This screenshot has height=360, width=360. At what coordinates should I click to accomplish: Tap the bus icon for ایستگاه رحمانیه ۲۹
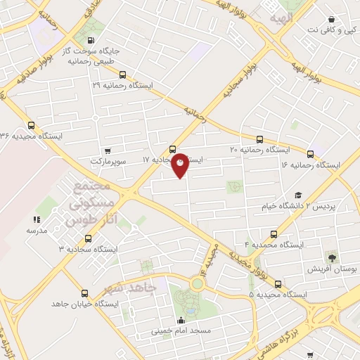123,75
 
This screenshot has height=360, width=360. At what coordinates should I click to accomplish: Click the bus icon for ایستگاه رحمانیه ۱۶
310,153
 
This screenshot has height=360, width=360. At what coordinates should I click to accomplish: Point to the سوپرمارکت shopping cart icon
108,150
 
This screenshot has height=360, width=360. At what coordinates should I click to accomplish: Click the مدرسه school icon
37,219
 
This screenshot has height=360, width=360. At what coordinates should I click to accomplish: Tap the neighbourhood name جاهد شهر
134,289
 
